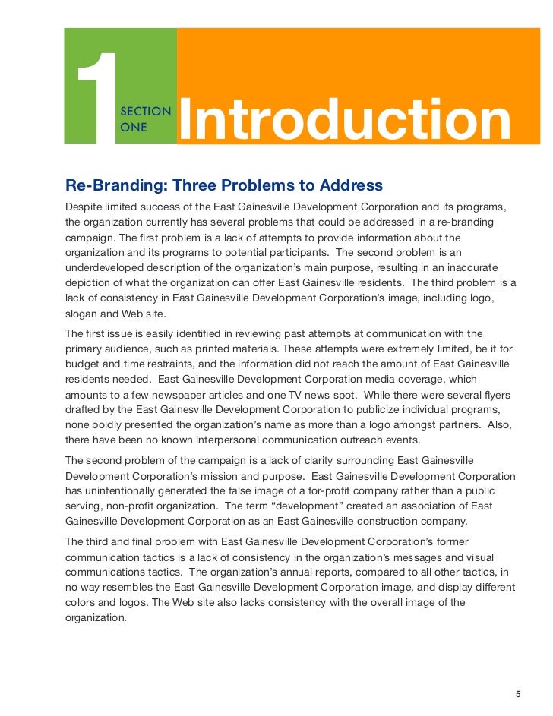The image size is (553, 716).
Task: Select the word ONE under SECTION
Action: coord(133,127)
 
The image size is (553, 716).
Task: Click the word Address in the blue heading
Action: coord(349,186)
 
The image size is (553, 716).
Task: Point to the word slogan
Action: coord(84,314)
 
